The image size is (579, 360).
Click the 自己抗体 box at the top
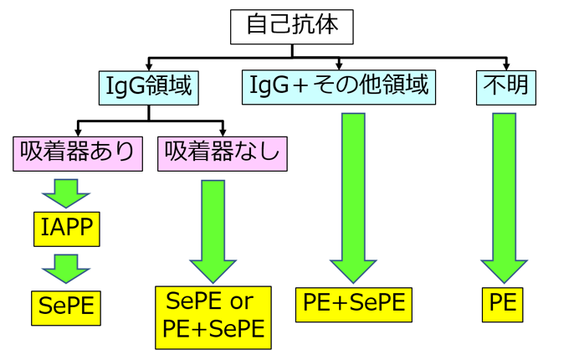(292, 25)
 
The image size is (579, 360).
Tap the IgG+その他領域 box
(340, 86)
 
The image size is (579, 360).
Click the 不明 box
(505, 86)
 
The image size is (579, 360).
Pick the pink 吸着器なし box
(223, 152)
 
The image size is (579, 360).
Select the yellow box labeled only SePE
(65, 307)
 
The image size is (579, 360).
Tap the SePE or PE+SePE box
(214, 316)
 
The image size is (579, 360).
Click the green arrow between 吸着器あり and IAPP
(65, 192)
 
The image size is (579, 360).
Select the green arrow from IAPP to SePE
(65, 268)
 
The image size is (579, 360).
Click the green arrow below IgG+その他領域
(353, 197)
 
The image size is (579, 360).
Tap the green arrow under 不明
(504, 197)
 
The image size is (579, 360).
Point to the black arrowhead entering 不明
(505, 66)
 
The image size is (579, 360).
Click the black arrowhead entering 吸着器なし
(223, 131)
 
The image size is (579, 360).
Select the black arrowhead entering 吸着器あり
(78, 131)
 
